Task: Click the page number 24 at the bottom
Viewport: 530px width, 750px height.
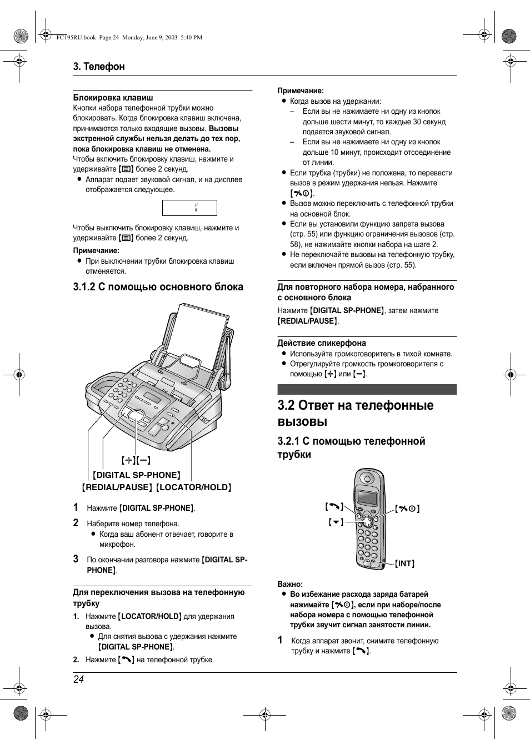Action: coord(78,679)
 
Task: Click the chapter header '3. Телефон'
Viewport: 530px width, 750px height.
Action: coord(99,67)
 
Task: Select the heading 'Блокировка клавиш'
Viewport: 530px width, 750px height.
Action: coord(113,98)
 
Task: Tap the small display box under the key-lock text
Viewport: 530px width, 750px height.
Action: coord(189,208)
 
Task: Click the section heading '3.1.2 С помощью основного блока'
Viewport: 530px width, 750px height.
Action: coord(158,287)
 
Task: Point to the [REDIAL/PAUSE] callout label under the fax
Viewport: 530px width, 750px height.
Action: coord(117,487)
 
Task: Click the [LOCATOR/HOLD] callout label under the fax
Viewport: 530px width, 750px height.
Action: coord(193,487)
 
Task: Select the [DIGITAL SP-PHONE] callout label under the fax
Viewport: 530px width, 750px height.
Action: coord(137,475)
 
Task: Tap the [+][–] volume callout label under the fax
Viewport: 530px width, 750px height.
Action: coord(136,460)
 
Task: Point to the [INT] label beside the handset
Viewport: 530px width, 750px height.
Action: coord(405,563)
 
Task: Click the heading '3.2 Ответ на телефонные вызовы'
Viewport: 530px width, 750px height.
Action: coord(355,413)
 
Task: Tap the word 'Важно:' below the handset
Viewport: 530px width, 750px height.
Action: coord(290,584)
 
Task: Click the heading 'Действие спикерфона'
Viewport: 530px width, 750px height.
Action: coord(322,343)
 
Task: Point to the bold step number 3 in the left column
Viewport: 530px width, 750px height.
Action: coord(76,559)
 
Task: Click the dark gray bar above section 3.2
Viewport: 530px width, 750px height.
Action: coord(367,389)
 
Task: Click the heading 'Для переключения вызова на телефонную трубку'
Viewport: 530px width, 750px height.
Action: coord(158,597)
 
